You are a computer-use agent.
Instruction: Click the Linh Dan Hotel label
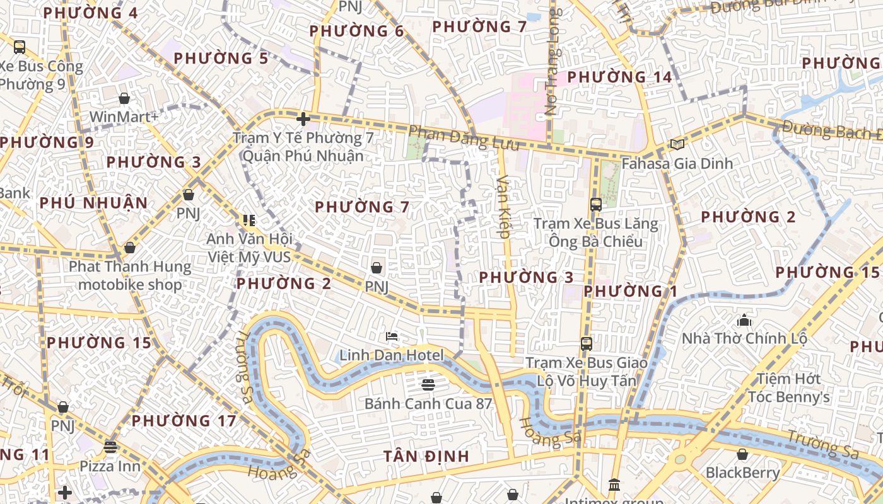click(392, 355)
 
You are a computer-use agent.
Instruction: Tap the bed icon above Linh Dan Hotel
click(392, 336)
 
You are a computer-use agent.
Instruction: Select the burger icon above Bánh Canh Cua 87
click(428, 384)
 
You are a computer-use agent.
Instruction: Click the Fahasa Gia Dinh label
click(677, 163)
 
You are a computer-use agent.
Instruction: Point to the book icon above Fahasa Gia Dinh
click(677, 145)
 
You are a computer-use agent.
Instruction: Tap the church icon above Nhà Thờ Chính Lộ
click(744, 320)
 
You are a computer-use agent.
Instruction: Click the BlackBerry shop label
click(742, 472)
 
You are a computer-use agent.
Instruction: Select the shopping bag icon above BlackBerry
click(742, 454)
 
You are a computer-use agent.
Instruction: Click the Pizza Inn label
click(110, 466)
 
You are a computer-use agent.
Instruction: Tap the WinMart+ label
click(124, 117)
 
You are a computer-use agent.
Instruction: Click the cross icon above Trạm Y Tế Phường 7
click(303, 118)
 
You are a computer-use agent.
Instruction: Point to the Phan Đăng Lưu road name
click(464, 138)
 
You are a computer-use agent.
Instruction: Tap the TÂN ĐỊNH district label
click(426, 456)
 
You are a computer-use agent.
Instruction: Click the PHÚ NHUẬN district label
click(93, 203)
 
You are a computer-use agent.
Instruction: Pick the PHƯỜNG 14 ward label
click(619, 77)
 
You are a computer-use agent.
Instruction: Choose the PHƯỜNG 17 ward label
click(184, 420)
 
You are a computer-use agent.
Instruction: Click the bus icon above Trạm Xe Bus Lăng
click(595, 205)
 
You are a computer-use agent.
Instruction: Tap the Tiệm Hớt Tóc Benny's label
click(788, 388)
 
